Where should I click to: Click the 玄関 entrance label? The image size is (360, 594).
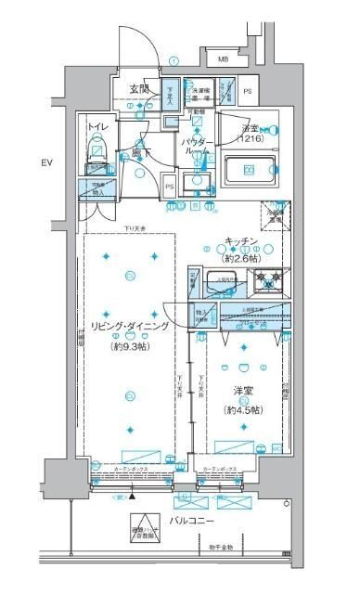(139, 89)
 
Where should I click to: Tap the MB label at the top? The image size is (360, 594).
(223, 61)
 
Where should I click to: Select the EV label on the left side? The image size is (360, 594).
(46, 164)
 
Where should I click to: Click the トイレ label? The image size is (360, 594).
(97, 125)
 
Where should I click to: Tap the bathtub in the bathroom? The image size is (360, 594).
(251, 170)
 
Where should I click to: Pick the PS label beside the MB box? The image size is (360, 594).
(247, 92)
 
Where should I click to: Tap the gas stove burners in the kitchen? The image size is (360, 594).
(271, 277)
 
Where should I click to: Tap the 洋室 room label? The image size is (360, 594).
(243, 393)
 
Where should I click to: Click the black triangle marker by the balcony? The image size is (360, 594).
(132, 497)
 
